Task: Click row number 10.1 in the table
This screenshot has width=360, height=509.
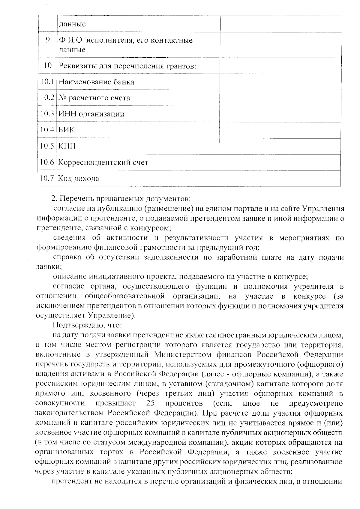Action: point(47,82)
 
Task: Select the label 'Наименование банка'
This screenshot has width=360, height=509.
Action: point(96,82)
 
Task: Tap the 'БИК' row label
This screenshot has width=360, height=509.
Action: point(66,130)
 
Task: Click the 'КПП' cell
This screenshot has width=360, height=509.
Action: point(67,146)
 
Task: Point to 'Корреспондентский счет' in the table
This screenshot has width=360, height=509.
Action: point(103,163)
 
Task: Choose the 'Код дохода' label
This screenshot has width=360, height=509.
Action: point(78,179)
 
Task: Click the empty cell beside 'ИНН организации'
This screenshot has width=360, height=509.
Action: point(280,114)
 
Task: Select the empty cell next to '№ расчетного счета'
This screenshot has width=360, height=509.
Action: point(280,98)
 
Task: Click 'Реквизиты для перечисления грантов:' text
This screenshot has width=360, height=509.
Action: point(127,66)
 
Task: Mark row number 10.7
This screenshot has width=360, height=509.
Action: point(46,179)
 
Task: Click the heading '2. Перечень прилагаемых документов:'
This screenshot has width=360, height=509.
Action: point(121,199)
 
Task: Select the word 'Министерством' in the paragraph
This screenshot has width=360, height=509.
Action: point(183,354)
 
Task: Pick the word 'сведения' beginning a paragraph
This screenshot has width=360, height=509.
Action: point(67,238)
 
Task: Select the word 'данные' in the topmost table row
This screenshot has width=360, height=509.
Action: point(72,24)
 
